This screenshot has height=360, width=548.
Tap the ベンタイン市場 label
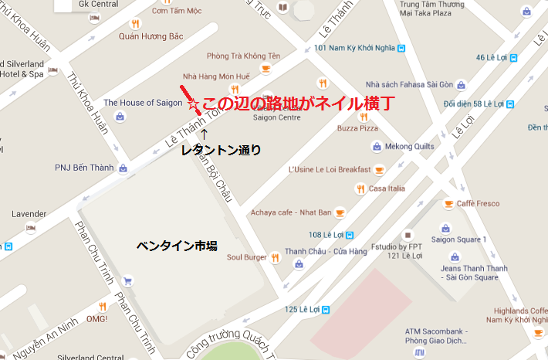177,246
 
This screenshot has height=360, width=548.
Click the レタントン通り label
221,150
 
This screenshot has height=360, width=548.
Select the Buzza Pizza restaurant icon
363,117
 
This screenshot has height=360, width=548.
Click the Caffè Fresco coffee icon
448,204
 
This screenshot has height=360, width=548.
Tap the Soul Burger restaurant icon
274,257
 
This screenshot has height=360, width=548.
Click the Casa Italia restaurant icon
360,188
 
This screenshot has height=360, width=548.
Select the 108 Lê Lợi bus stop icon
349,234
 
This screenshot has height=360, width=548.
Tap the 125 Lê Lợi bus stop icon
326,310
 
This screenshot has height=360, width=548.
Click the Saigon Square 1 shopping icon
445,228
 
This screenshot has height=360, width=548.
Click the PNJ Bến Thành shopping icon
123,168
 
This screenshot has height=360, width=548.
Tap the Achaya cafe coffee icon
339,212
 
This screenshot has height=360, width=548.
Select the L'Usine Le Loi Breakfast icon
379,169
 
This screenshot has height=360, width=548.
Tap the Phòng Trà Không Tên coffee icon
266,69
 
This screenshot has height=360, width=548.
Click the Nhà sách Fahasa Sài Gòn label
409,84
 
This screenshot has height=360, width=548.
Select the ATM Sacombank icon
419,352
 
